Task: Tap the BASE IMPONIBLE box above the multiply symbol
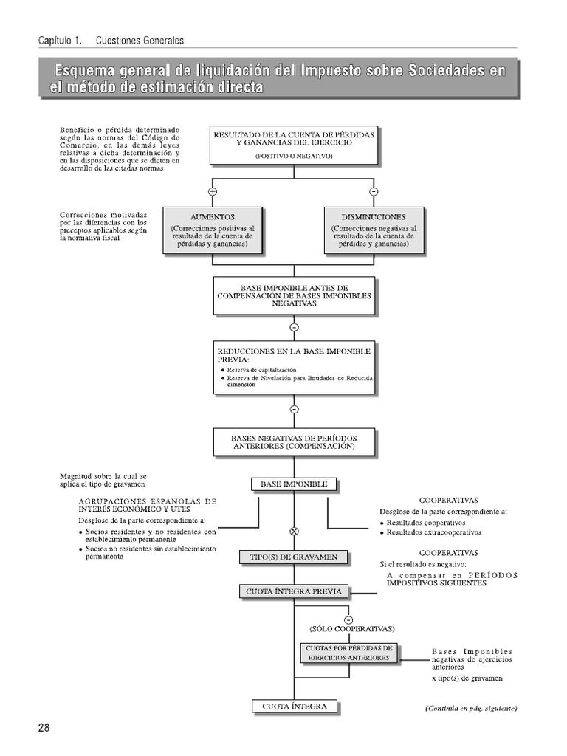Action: [x=294, y=484]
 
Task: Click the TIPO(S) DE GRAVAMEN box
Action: [x=293, y=557]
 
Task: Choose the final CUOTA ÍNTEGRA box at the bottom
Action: [x=294, y=707]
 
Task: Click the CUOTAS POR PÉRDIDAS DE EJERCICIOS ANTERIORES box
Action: [x=348, y=653]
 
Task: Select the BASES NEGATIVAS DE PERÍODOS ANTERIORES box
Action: [x=294, y=442]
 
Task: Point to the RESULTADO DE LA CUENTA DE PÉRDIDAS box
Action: [x=294, y=144]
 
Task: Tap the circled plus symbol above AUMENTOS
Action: [x=213, y=192]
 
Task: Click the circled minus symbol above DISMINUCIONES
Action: [x=374, y=192]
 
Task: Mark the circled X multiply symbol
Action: [x=294, y=531]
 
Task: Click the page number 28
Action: [x=44, y=728]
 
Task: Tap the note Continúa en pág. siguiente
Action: [x=471, y=708]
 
